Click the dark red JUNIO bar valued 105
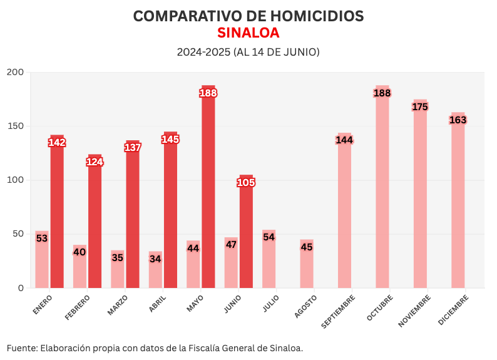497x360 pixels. click(x=246, y=238)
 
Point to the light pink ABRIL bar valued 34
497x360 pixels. click(x=155, y=273)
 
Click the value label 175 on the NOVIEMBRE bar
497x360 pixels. click(x=420, y=107)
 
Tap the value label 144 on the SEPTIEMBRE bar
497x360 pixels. click(x=344, y=140)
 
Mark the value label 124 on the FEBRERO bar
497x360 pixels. click(x=95, y=162)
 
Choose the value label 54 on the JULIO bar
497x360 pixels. click(x=269, y=237)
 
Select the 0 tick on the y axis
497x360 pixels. click(x=21, y=288)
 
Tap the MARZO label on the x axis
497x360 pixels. click(x=118, y=304)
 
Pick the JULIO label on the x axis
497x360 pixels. click(x=271, y=303)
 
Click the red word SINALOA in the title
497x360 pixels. click(x=248, y=33)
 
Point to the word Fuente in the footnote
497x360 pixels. click(x=21, y=347)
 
